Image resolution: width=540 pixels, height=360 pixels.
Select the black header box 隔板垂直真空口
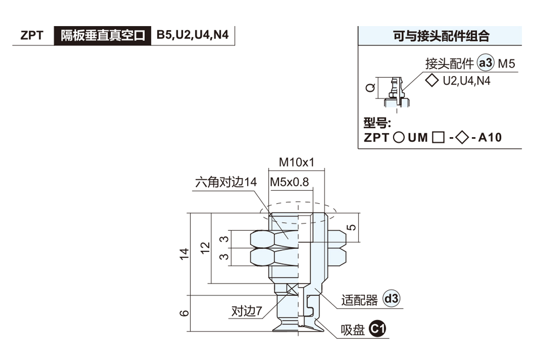103,36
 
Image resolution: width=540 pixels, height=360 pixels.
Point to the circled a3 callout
486,64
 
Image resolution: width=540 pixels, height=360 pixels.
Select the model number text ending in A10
432,138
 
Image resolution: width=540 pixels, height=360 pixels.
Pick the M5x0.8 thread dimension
289,182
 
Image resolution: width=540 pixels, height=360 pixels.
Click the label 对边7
247,311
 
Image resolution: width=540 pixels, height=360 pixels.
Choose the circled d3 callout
391,298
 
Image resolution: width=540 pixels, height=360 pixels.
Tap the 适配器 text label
360,300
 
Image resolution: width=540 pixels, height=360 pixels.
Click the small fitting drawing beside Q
396,93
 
